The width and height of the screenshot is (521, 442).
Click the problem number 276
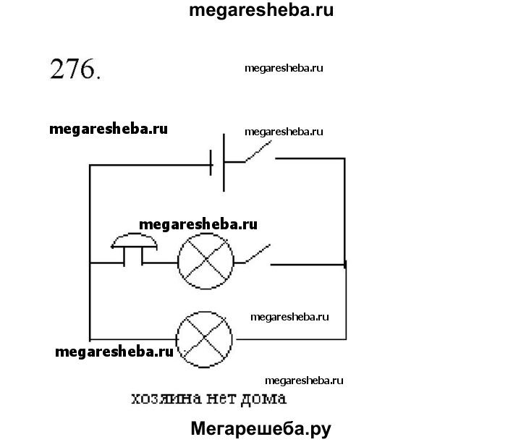tap(73, 71)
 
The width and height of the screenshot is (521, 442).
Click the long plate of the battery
tap(224, 163)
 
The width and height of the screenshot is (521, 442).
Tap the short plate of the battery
tap(212, 166)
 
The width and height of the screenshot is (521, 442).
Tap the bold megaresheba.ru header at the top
tap(261, 12)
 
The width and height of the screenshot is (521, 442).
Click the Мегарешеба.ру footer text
tap(260, 428)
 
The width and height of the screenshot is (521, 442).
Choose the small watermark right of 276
tap(284, 67)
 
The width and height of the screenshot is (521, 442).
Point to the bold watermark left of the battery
tap(109, 129)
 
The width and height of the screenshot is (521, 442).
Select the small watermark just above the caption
tap(304, 381)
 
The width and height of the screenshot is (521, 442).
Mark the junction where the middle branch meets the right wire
tap(345, 265)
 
